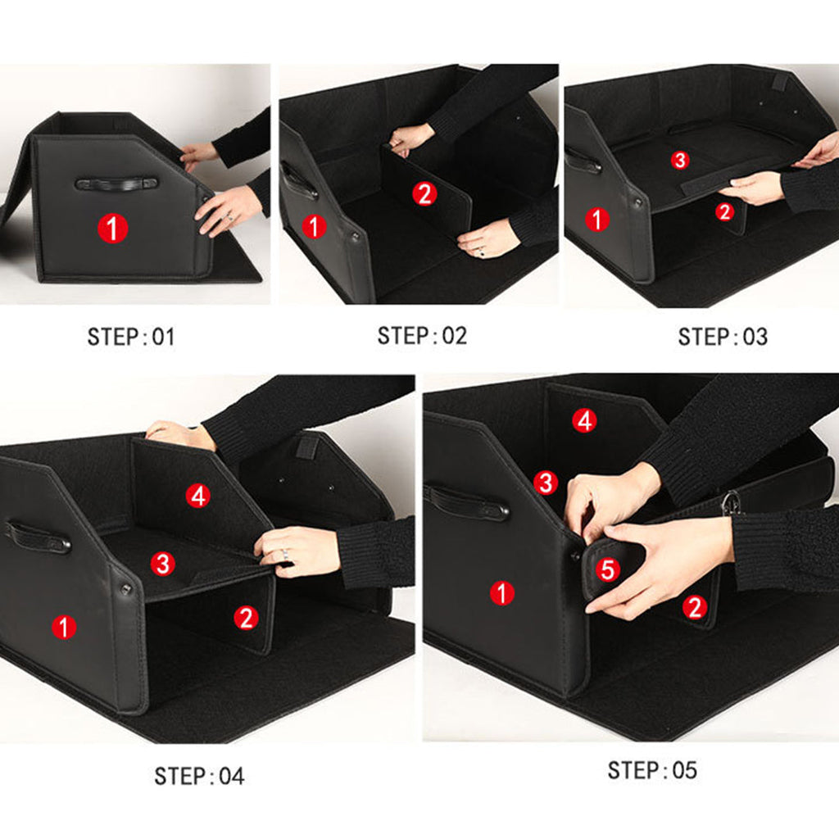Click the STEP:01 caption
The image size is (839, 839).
click(x=131, y=337)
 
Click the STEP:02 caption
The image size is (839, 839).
click(x=422, y=335)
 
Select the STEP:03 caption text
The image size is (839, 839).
click(x=723, y=337)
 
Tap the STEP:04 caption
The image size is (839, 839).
click(x=199, y=776)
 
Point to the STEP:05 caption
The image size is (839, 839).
click(x=652, y=770)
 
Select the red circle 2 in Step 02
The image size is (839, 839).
click(x=424, y=194)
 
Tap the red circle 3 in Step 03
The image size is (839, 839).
click(x=679, y=160)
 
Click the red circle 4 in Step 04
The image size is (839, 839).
click(x=197, y=496)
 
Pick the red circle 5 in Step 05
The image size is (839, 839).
click(x=606, y=569)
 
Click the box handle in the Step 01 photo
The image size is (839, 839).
click(x=116, y=184)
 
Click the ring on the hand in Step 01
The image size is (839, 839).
click(x=229, y=218)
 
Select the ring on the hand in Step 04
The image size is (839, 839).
click(x=284, y=555)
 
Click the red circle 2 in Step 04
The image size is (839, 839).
click(x=246, y=618)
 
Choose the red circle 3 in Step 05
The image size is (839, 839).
click(x=546, y=483)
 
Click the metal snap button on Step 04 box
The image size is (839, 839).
click(x=125, y=588)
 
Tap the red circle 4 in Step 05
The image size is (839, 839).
click(x=584, y=421)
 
